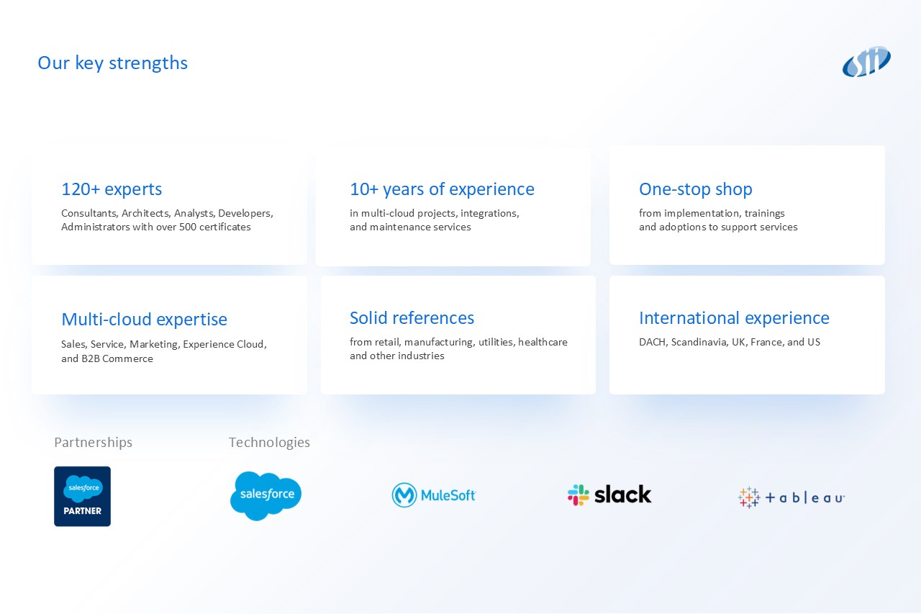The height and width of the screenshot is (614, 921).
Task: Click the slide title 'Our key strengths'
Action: point(113,63)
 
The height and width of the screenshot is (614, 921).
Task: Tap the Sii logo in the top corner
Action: point(866,62)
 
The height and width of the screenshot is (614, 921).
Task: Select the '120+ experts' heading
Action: point(112,189)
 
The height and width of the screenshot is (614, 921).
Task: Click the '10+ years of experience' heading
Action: point(442,189)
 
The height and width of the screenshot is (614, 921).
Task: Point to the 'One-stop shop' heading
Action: point(696,189)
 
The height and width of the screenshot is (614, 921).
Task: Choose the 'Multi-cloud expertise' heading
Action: point(145,319)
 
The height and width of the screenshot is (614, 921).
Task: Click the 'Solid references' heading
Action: point(412,318)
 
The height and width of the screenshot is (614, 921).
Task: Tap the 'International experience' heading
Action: point(735,318)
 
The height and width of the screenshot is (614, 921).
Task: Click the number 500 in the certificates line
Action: point(188,227)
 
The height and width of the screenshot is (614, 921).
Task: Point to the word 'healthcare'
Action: point(543,342)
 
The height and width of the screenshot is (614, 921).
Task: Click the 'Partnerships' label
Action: point(94,443)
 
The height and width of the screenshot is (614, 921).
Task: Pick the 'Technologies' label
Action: point(269,443)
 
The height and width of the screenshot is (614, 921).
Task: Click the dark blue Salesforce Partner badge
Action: point(82,497)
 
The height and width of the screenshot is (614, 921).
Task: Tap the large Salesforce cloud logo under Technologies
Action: point(266,496)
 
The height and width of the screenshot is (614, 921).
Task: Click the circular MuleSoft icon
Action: point(404,495)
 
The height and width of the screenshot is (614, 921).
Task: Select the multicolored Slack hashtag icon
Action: point(579,495)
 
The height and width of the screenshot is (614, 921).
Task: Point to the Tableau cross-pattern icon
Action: point(749,497)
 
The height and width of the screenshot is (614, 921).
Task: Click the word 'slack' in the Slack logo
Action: point(623,495)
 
